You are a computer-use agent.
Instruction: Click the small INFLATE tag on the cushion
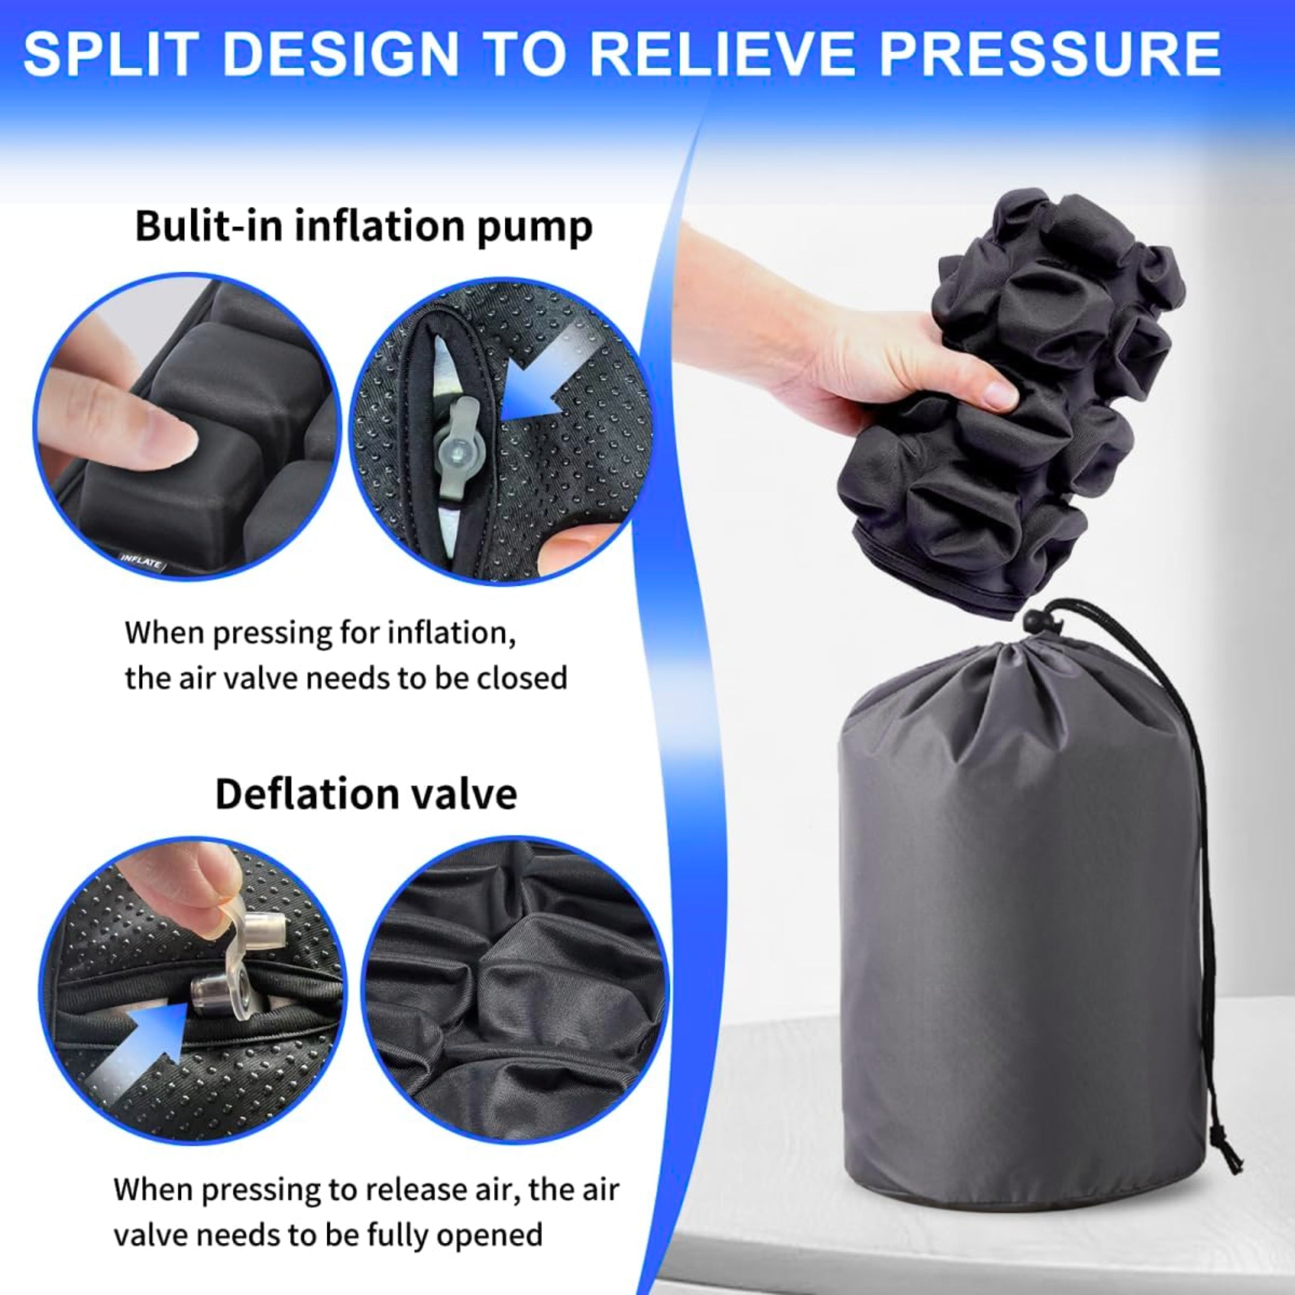tap(141, 561)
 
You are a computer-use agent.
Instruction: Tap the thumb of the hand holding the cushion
tap(985, 392)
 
